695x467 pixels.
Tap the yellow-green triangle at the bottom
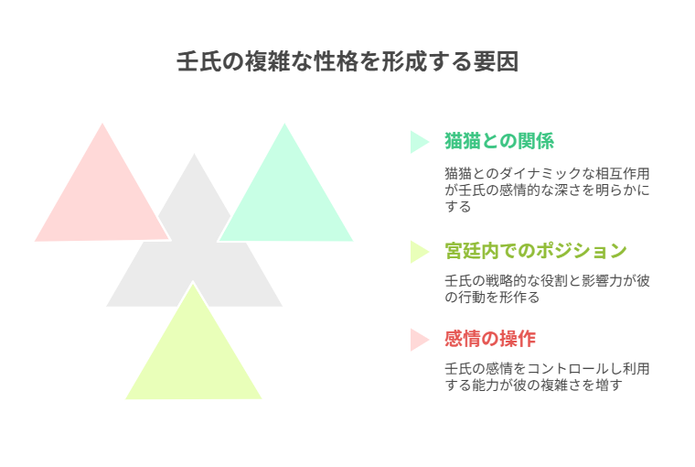coord(194,355)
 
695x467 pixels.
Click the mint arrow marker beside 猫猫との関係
coord(419,142)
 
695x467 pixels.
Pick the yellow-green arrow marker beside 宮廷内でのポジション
coord(419,252)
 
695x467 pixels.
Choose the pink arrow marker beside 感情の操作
coord(419,340)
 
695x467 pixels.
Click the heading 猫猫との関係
coord(499,141)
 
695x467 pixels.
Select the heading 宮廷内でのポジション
coord(536,251)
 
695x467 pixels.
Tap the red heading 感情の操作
coord(490,339)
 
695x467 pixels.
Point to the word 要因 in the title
coord(496,61)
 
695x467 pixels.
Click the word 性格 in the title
coord(336,61)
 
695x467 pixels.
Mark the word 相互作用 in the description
coord(623,174)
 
